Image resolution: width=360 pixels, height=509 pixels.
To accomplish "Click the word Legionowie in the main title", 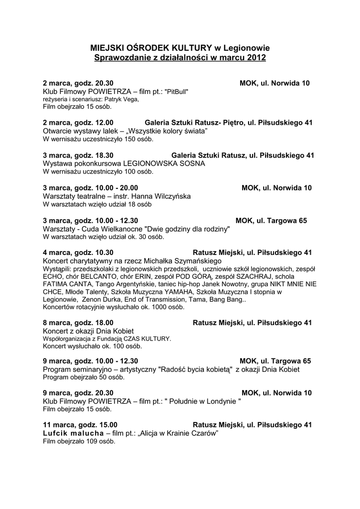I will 246,48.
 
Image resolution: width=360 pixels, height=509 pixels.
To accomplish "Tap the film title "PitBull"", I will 177,91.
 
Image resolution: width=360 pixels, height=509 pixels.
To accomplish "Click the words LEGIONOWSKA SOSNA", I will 164,163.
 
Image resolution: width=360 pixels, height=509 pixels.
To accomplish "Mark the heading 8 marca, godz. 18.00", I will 79,323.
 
